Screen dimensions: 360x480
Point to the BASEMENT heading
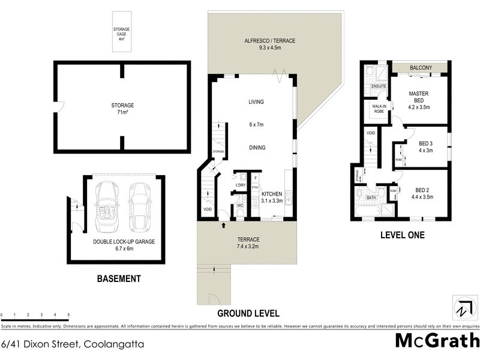119,278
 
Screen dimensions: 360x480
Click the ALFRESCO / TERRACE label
269,41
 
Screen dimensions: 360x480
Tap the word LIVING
257,102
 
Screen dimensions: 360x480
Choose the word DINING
257,148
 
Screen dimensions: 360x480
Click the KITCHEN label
271,194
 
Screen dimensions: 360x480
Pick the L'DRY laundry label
241,185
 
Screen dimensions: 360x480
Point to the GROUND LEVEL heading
248,313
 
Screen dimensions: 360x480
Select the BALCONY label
421,68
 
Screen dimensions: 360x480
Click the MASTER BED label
419,97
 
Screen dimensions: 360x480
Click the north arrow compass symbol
462,310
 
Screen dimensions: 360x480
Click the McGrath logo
437,341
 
